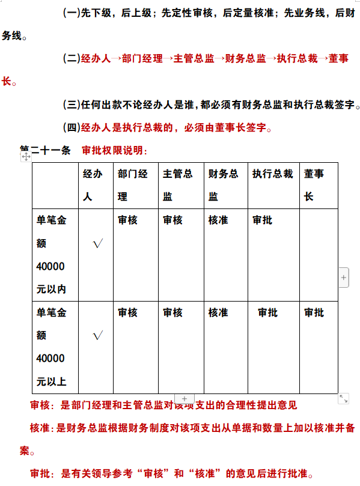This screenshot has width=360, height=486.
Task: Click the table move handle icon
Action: [26, 156]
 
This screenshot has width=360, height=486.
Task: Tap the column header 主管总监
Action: [177, 185]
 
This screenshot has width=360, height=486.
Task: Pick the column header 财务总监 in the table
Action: [223, 185]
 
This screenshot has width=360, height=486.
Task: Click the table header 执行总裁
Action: [272, 174]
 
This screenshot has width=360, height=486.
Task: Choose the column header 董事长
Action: [314, 185]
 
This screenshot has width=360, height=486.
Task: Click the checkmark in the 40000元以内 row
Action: [99, 243]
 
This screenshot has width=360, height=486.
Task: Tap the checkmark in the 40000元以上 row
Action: [99, 336]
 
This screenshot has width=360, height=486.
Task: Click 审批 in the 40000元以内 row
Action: [262, 220]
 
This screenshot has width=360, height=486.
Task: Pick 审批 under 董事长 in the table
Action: [314, 313]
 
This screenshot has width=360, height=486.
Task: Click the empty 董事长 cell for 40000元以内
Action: [318, 255]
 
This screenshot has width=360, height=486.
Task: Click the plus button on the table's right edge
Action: [344, 278]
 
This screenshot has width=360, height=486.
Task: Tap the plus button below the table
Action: [185, 398]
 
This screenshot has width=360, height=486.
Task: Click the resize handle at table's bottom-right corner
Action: [344, 398]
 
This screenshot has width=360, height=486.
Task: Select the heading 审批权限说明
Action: [114, 150]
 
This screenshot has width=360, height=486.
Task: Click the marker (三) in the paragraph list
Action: [72, 105]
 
